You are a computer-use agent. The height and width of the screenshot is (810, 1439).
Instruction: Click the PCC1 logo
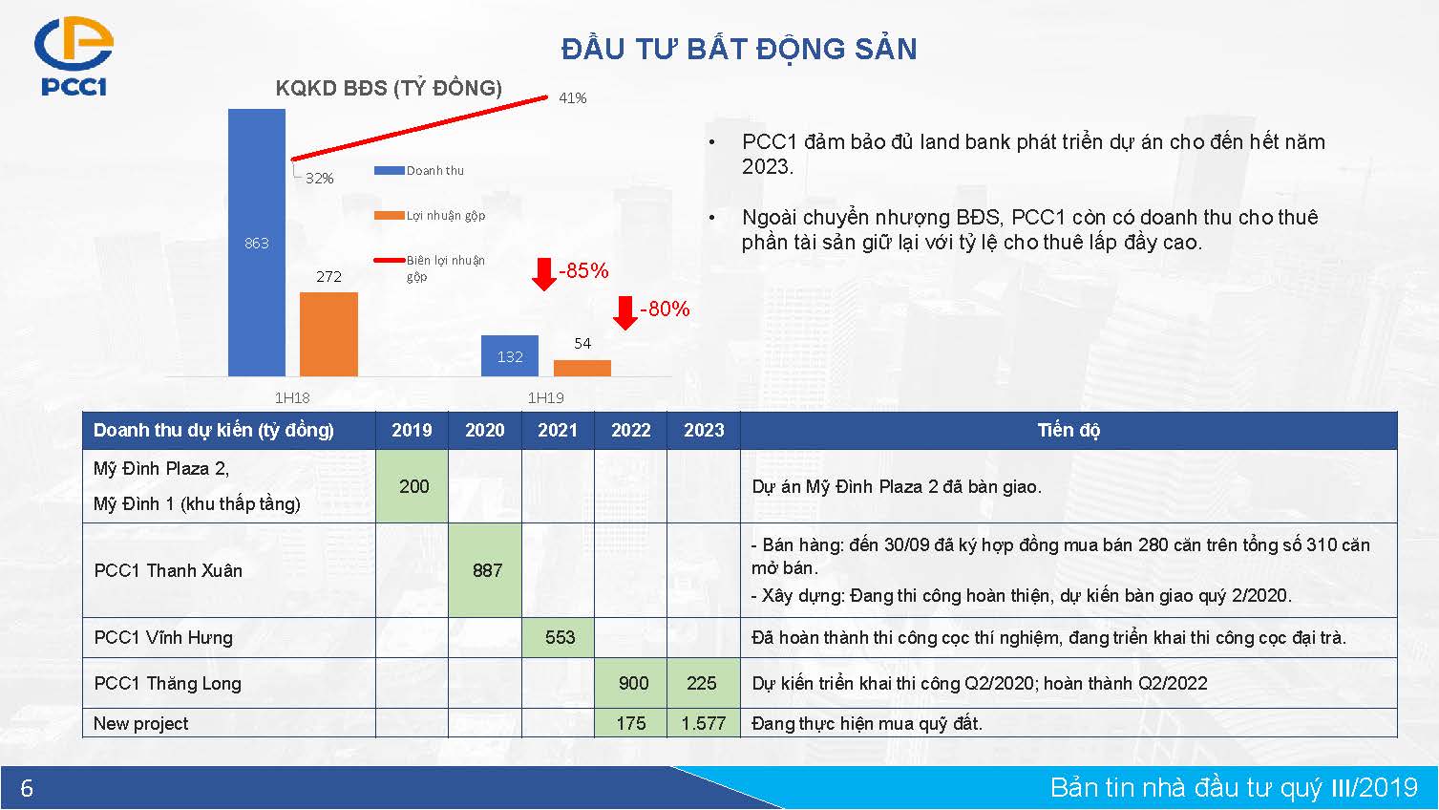74,56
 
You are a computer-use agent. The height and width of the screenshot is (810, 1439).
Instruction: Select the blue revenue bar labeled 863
257,243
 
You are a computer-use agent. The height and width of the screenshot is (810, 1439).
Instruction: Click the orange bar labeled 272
328,334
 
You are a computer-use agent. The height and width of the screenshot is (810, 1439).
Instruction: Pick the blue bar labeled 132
510,355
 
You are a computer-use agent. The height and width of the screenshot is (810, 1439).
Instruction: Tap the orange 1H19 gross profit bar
582,369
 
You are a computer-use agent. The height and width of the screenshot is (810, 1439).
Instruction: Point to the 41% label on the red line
572,98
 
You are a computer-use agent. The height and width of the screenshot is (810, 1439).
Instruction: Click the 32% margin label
319,178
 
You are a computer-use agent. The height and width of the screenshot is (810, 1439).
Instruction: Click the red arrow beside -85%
544,274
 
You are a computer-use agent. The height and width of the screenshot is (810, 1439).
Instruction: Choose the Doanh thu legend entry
419,170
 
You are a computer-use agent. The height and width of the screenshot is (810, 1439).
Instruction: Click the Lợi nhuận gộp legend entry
430,215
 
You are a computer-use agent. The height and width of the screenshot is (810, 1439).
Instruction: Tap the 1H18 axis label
292,398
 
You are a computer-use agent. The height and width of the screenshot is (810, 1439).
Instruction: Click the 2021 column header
558,430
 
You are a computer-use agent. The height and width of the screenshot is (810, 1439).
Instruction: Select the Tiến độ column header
1069,430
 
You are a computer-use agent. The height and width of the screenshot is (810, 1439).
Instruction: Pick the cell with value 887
487,570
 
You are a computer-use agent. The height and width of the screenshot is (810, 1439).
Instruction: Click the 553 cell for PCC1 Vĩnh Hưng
560,637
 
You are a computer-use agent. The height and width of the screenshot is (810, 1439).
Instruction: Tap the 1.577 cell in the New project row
704,723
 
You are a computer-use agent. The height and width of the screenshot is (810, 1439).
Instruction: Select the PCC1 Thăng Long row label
168,683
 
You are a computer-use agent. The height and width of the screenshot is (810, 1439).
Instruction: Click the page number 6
27,788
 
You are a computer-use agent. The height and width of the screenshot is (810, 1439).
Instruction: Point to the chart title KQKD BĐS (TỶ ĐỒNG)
389,88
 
